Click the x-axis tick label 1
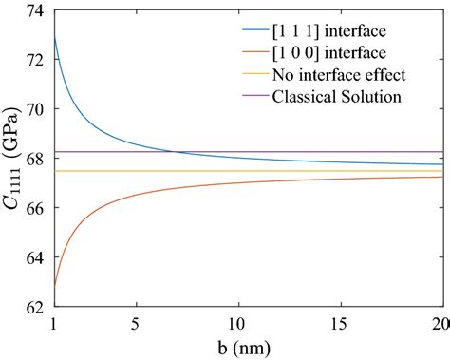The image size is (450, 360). click(x=55, y=324)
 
